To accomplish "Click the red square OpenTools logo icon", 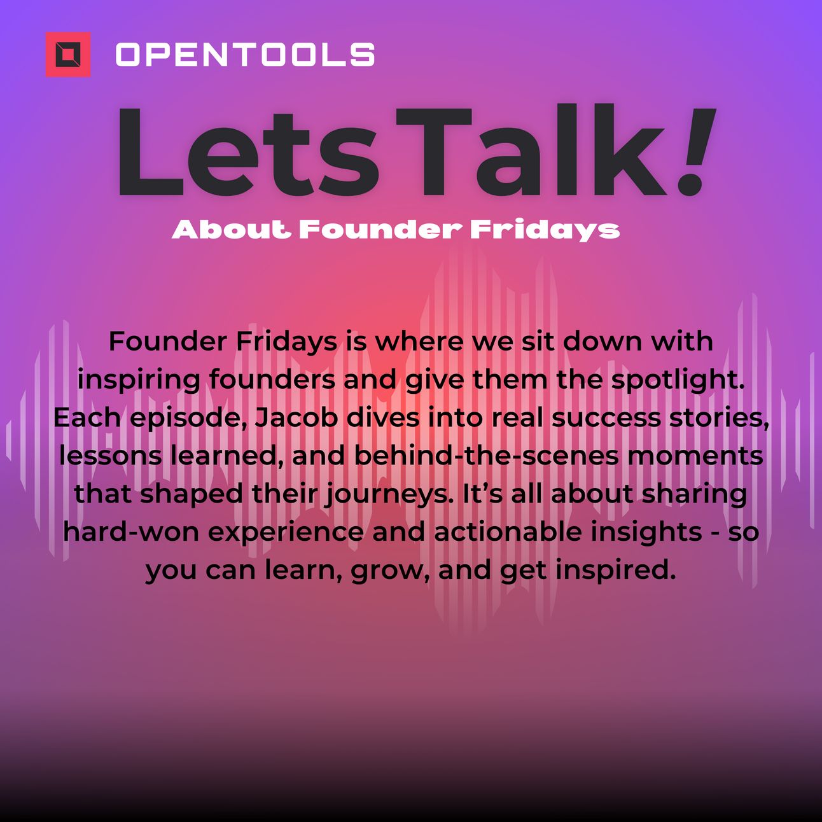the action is click(x=68, y=55).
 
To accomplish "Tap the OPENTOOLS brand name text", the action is click(x=246, y=55).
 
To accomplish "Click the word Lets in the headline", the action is click(x=248, y=151).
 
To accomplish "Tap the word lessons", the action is click(x=111, y=456).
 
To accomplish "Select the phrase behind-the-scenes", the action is click(x=486, y=456).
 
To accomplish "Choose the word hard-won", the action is click(x=132, y=532).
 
